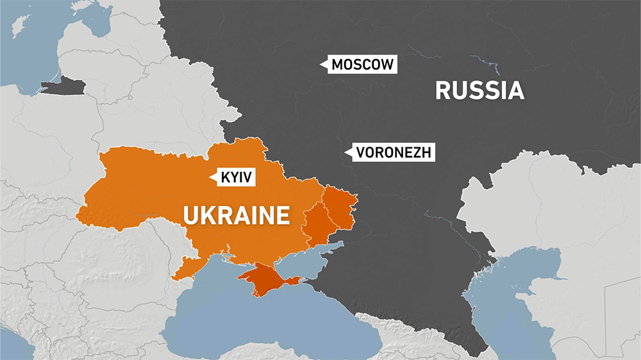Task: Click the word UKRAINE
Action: [x=237, y=215]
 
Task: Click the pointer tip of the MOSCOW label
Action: [x=322, y=64]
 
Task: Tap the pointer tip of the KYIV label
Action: [x=212, y=178]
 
